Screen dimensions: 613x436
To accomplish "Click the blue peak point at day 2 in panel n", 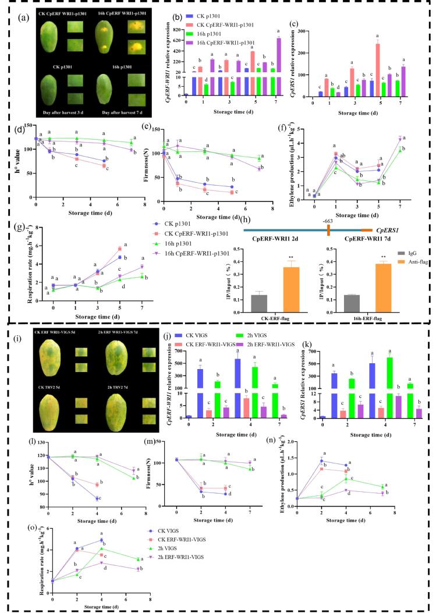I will point(321,460).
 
